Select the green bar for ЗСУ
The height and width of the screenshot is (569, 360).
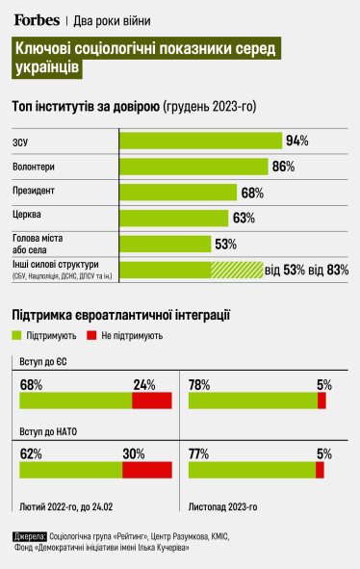tap(200, 141)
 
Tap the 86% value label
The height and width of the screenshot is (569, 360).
tap(283, 167)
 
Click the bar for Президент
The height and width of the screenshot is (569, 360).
tap(178, 192)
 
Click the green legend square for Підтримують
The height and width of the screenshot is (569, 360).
tap(16, 336)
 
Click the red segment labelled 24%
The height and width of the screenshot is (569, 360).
tap(151, 401)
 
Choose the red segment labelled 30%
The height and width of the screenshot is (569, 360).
tap(147, 469)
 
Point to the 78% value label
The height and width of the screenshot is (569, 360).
tap(200, 385)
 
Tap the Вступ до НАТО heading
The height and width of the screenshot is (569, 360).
tap(49, 432)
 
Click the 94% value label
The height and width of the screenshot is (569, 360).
tap(296, 141)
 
